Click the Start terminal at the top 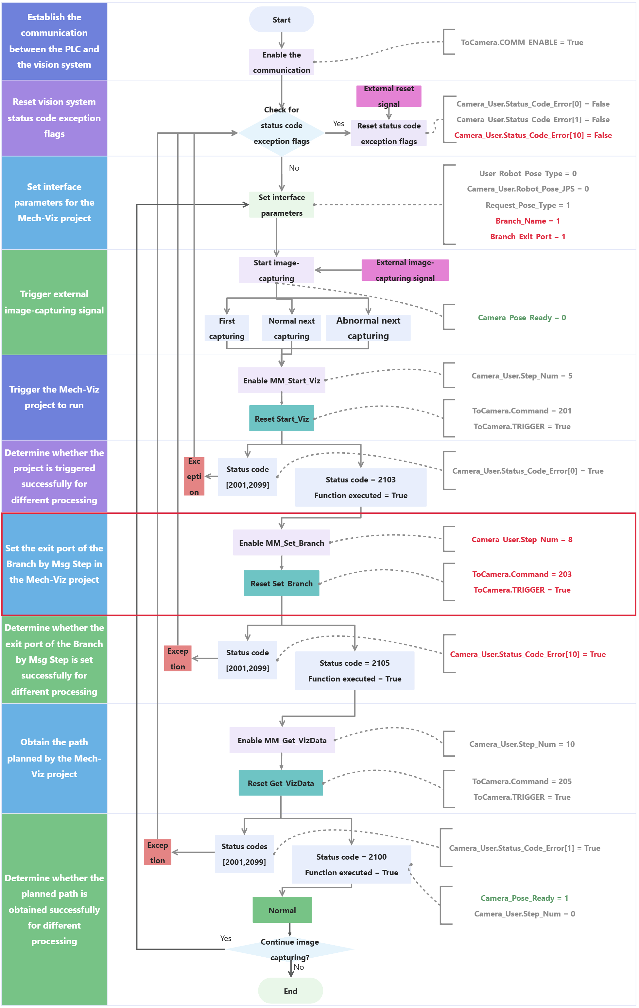(x=281, y=20)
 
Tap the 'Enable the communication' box (x=281, y=62)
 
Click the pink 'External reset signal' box (x=389, y=96)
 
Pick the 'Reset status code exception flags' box (x=389, y=133)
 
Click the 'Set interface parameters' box (x=281, y=205)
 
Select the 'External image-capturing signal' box (x=405, y=270)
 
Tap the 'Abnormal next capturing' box (x=368, y=328)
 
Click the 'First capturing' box (x=227, y=328)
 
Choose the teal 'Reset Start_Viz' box (x=281, y=419)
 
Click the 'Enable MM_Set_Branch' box (x=281, y=543)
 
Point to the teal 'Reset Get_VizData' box (x=281, y=783)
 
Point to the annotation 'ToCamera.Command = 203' (x=522, y=574)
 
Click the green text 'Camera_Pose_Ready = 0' (x=522, y=318)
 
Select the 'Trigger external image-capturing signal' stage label (x=54, y=302)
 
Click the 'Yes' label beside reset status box (x=338, y=124)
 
